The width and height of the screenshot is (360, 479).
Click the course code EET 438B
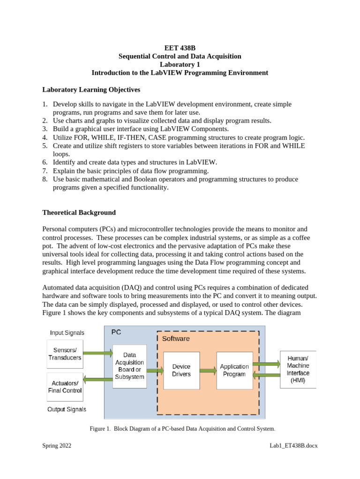coord(180,48)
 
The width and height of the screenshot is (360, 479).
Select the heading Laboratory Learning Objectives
coord(91,89)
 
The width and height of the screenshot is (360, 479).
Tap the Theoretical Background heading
coord(79,212)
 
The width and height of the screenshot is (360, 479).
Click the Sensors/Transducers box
coord(65,354)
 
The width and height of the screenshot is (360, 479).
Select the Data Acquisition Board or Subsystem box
coord(129,366)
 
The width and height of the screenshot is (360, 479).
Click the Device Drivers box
coord(181,370)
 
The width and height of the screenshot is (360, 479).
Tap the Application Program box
coord(234,370)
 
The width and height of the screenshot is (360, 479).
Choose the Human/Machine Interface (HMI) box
coord(298,369)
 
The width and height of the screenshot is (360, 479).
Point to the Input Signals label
coord(67,333)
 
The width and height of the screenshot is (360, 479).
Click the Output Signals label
coord(67,409)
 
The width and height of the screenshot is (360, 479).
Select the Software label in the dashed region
coord(176,338)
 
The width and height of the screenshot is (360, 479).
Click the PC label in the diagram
coord(116,332)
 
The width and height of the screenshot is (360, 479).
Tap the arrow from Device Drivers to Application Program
coord(208,370)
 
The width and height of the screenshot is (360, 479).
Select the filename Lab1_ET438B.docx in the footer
coord(291,446)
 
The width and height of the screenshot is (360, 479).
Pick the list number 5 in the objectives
coord(45,145)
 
